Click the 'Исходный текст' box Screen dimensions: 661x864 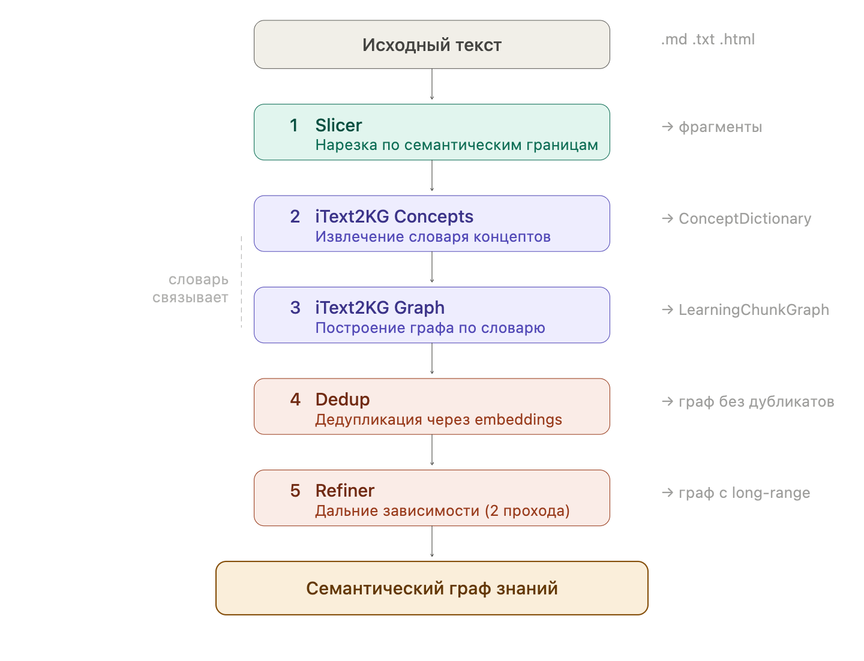point(431,45)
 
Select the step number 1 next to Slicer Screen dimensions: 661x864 point(294,125)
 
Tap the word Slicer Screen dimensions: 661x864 point(338,125)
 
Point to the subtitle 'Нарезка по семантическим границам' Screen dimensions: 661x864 point(456,145)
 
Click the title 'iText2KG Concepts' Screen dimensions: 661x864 point(394,217)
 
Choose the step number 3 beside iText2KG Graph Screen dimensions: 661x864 point(295,308)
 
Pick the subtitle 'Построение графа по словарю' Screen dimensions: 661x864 point(430,328)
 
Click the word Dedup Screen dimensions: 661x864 point(342,399)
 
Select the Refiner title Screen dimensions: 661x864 point(344,491)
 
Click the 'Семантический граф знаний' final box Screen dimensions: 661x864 point(431,588)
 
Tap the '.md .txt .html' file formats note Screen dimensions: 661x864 point(708,40)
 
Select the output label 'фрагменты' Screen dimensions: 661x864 point(719,127)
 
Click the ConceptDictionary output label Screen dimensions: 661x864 point(745,219)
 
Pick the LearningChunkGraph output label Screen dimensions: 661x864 point(753,310)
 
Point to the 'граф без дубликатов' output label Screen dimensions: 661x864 point(755,402)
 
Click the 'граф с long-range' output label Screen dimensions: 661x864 point(743,493)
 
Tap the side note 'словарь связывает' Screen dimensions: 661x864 point(191,289)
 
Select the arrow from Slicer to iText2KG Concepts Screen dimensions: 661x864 point(432,176)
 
